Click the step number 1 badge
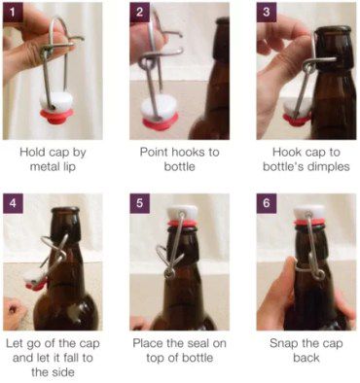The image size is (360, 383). tap(13, 12)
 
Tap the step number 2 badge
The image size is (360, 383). tap(140, 12)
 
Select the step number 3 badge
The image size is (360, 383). tap(267, 12)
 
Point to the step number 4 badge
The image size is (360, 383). tap(13, 203)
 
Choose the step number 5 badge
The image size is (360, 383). tap(140, 203)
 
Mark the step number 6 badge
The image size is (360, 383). tap(267, 203)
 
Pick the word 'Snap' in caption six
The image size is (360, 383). tap(284, 343)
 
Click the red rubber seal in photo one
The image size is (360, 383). tap(56, 116)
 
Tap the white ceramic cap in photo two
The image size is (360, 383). tap(159, 106)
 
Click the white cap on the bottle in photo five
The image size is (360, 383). tap(182, 213)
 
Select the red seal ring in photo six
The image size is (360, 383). tap(309, 223)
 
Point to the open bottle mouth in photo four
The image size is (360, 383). tap(65, 210)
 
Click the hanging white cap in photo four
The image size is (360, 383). tap(35, 277)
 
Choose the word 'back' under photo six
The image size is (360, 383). tap(306, 358)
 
